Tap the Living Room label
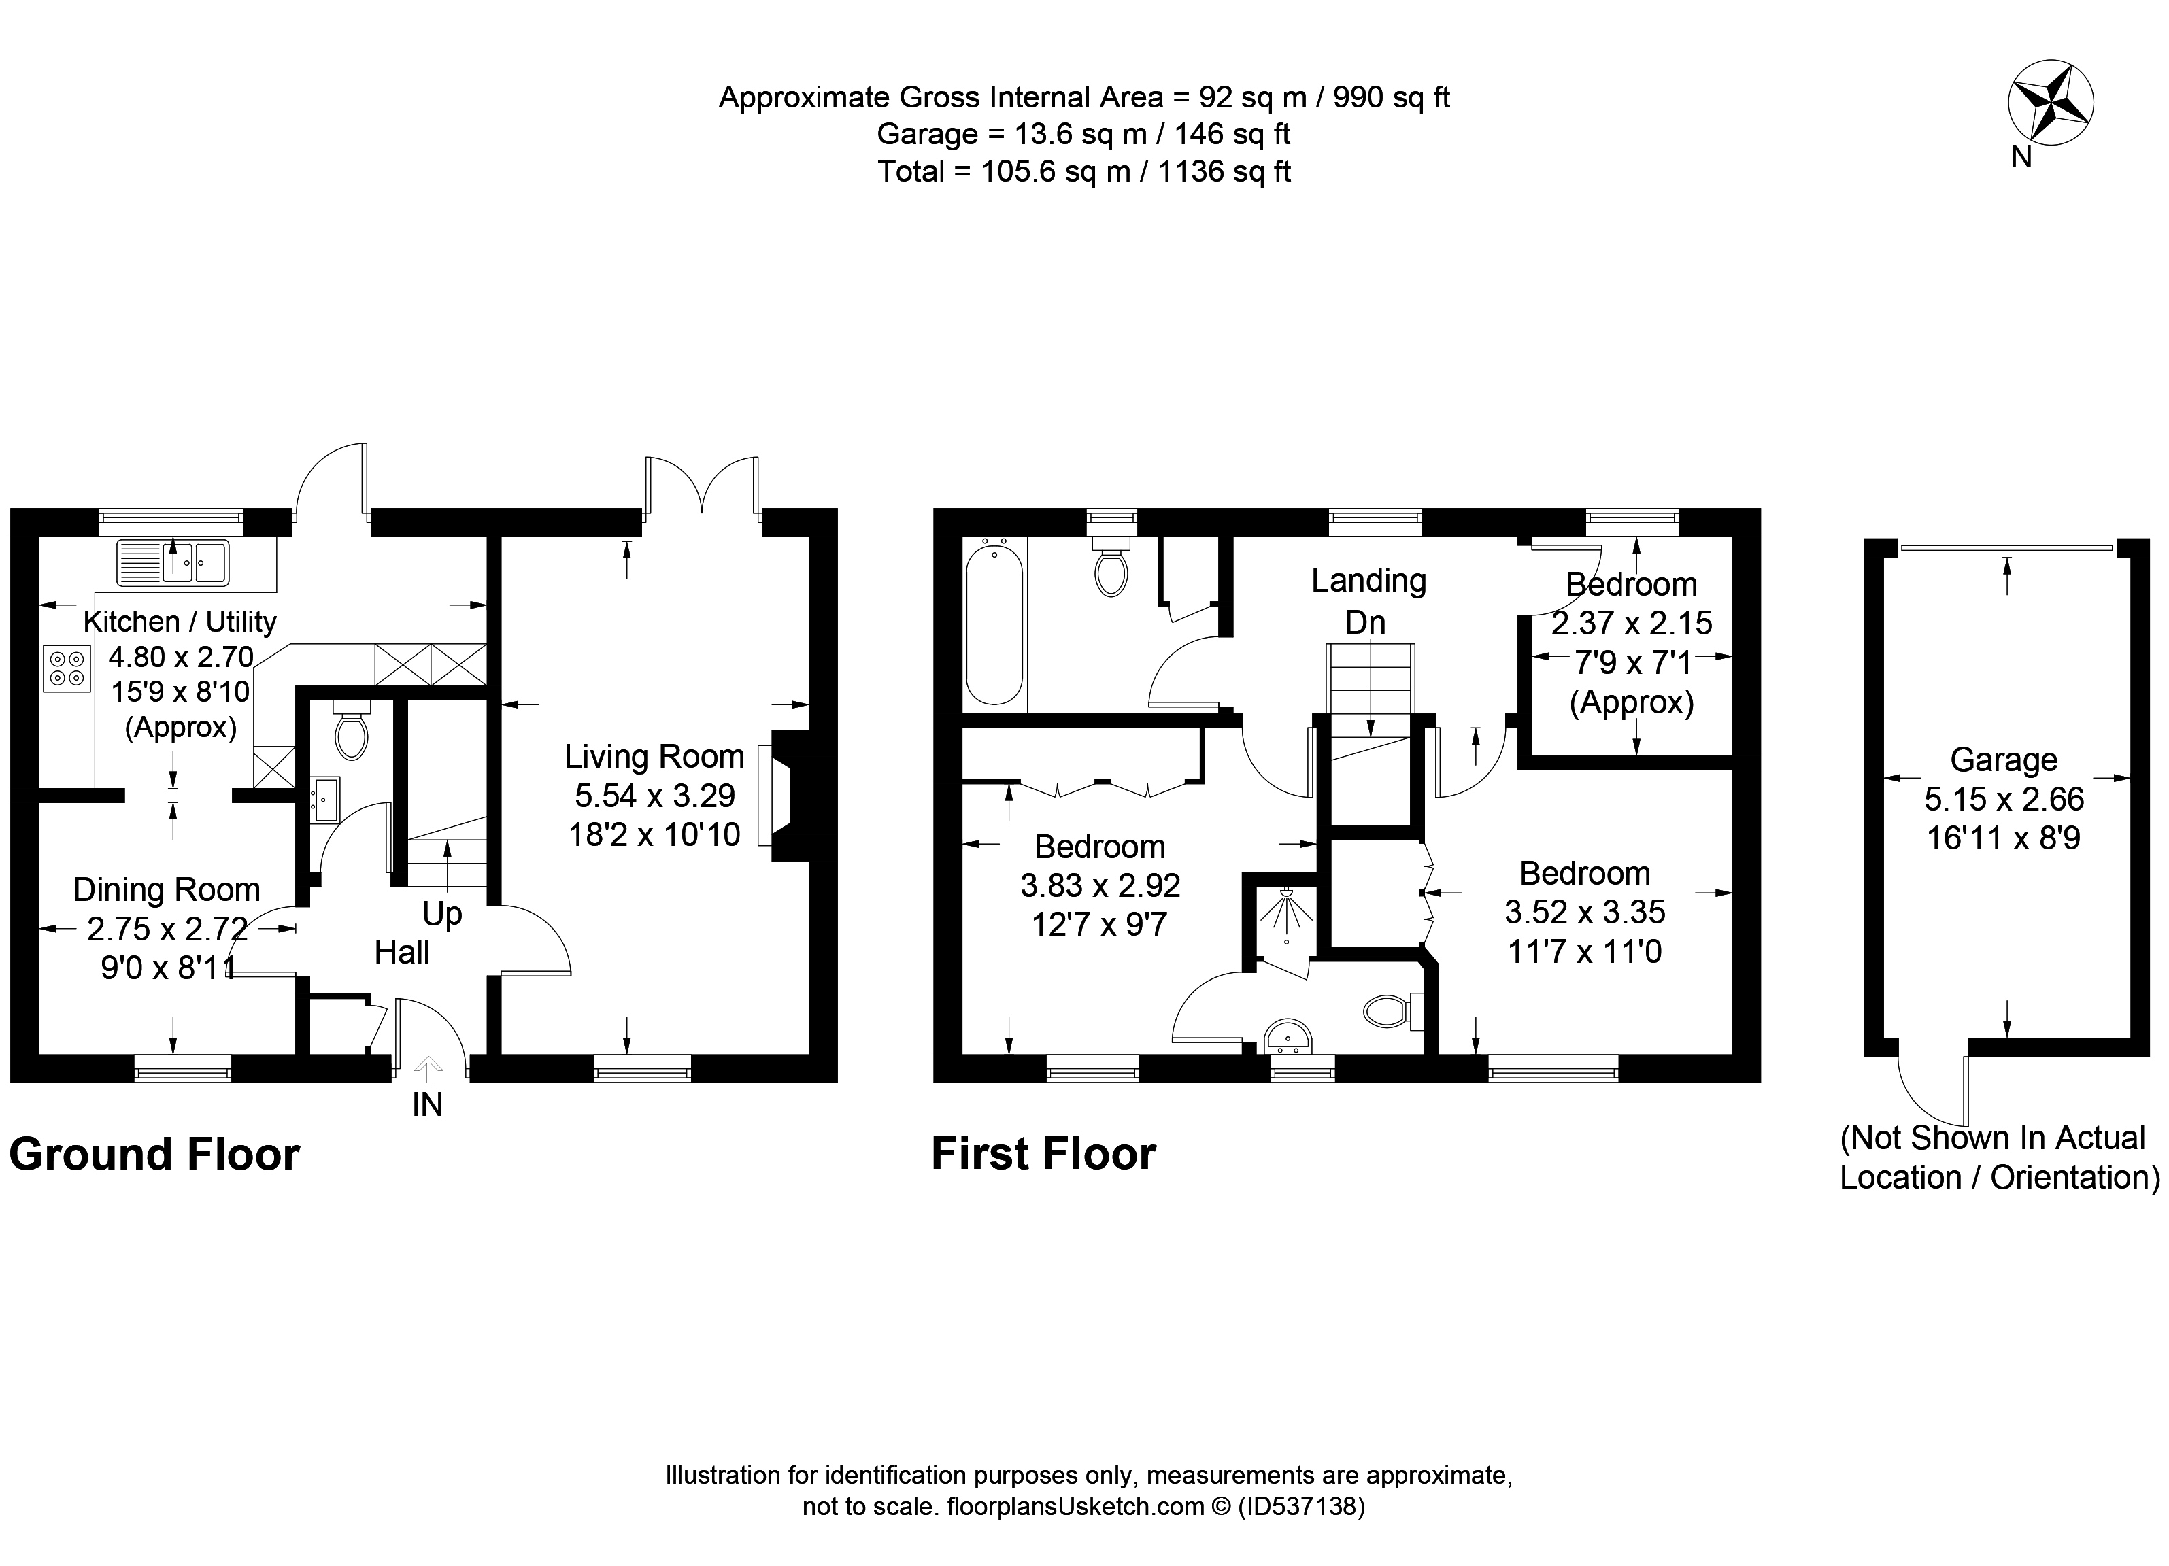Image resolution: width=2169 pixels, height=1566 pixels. tap(654, 756)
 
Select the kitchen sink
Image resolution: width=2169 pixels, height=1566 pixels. tap(173, 562)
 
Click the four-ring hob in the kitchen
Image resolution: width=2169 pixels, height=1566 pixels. tap(67, 667)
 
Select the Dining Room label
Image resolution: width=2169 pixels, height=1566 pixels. tap(167, 889)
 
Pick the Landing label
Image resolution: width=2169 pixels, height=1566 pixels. tap(1368, 580)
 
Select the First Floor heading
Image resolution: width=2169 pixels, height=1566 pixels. tap(1043, 1153)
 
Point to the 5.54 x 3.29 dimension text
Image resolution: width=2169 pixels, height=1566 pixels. tap(654, 796)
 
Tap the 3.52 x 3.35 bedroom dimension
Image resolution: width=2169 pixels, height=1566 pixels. tap(1585, 912)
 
